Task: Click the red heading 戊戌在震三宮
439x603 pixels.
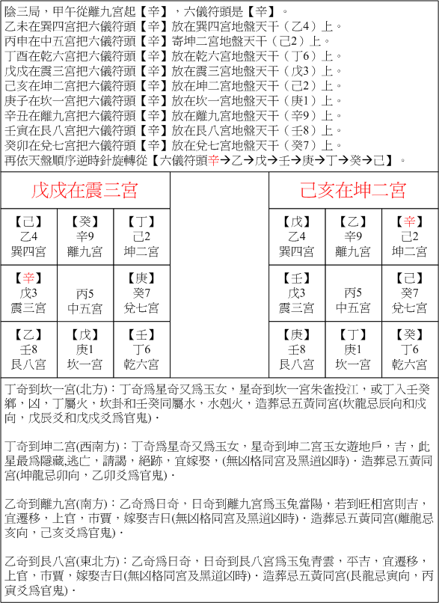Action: tap(85, 190)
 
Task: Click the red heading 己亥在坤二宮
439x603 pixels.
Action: tap(353, 190)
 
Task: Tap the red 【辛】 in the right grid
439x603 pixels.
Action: tap(410, 222)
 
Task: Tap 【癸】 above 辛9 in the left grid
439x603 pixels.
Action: tap(85, 222)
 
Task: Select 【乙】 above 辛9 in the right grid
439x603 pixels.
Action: tap(353, 222)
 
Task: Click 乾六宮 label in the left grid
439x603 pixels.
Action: tap(141, 364)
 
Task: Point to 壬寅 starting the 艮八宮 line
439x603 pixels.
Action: tap(16, 130)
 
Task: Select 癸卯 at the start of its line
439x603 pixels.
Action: tap(16, 145)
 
